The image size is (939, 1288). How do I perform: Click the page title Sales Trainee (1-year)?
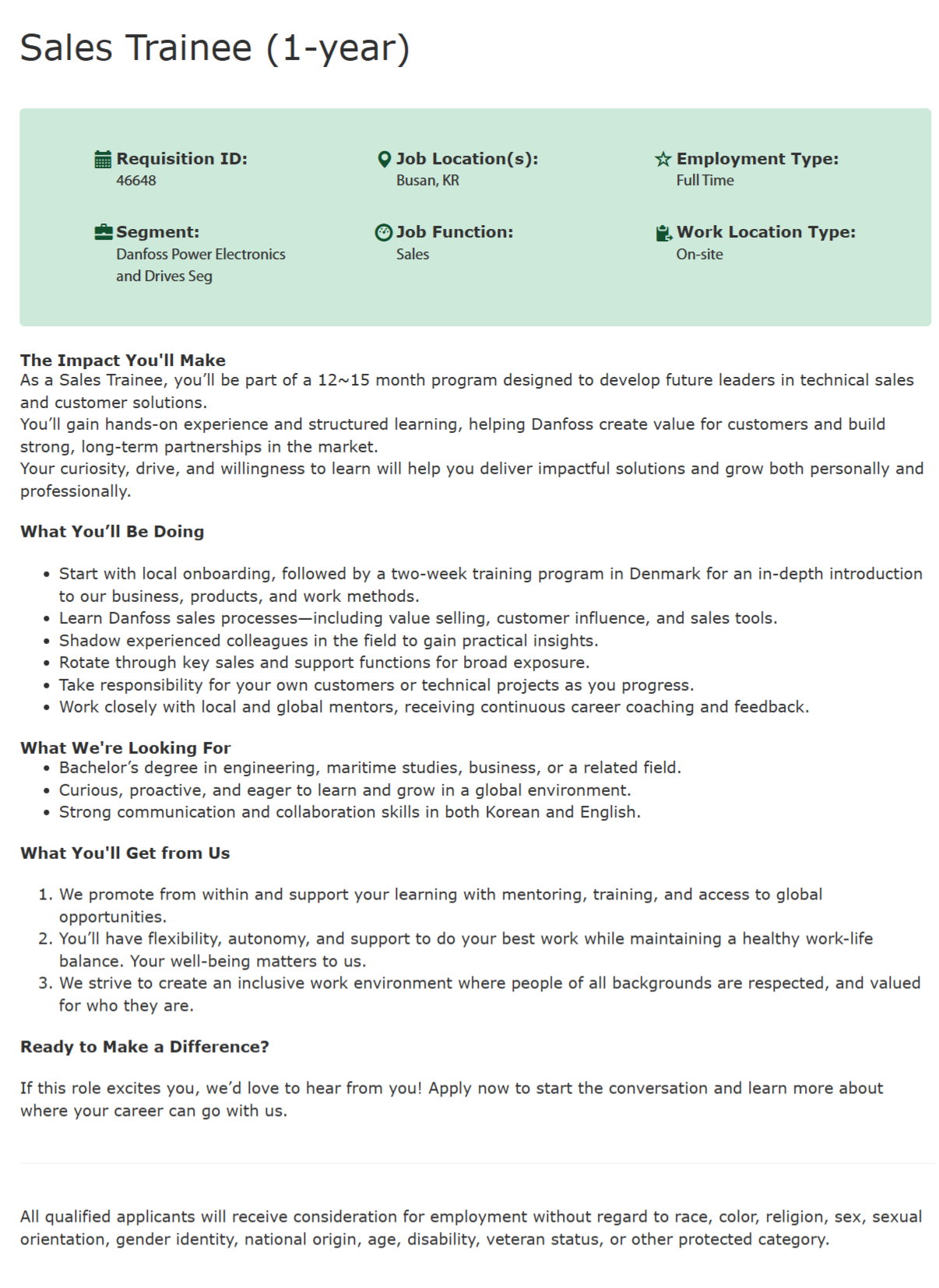click(214, 48)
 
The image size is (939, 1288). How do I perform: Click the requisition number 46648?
click(136, 181)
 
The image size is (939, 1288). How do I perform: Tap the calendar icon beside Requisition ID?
click(103, 160)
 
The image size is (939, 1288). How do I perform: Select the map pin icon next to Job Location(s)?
click(383, 160)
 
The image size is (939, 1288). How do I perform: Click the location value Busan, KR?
click(427, 181)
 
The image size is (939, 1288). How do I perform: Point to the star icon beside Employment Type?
click(663, 160)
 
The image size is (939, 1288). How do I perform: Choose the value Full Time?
click(705, 181)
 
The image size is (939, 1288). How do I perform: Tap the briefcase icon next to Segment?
click(103, 232)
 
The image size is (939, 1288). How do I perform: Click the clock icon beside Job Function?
click(383, 233)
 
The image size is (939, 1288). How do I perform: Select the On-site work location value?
click(699, 255)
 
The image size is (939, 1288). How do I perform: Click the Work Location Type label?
click(765, 232)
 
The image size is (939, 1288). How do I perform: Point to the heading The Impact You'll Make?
click(123, 361)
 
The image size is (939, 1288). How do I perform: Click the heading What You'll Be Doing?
click(112, 532)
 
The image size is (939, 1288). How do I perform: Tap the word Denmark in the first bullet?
click(664, 574)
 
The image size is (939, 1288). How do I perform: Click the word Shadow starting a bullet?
click(85, 641)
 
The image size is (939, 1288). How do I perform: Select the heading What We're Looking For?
click(125, 748)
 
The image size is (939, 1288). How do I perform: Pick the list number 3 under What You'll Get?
click(44, 984)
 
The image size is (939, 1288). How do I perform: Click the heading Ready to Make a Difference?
click(145, 1047)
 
